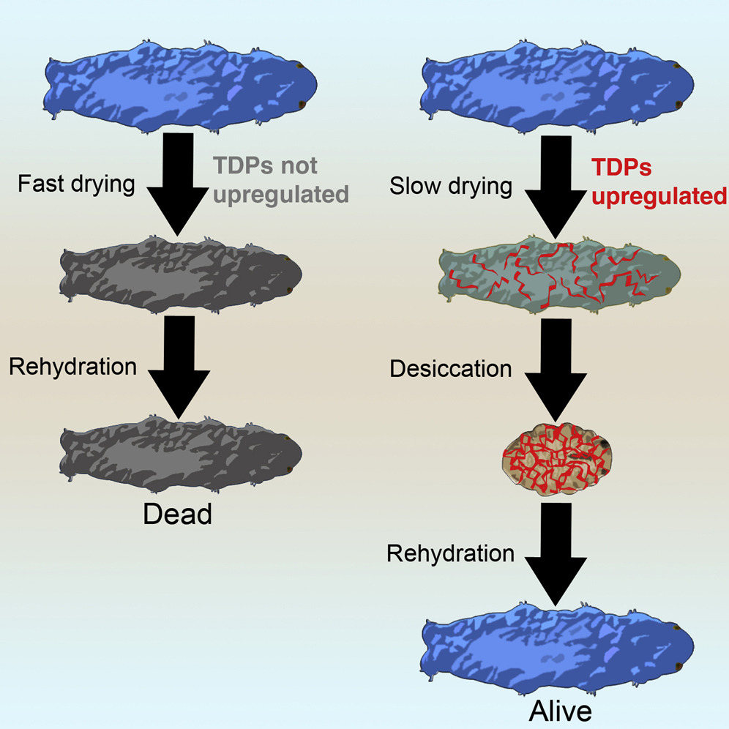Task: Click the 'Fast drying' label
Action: [75, 184]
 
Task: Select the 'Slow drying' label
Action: [451, 186]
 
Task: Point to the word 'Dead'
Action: [177, 515]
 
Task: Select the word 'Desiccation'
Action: [451, 368]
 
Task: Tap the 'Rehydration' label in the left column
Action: [72, 366]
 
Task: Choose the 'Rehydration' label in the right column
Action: [450, 553]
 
